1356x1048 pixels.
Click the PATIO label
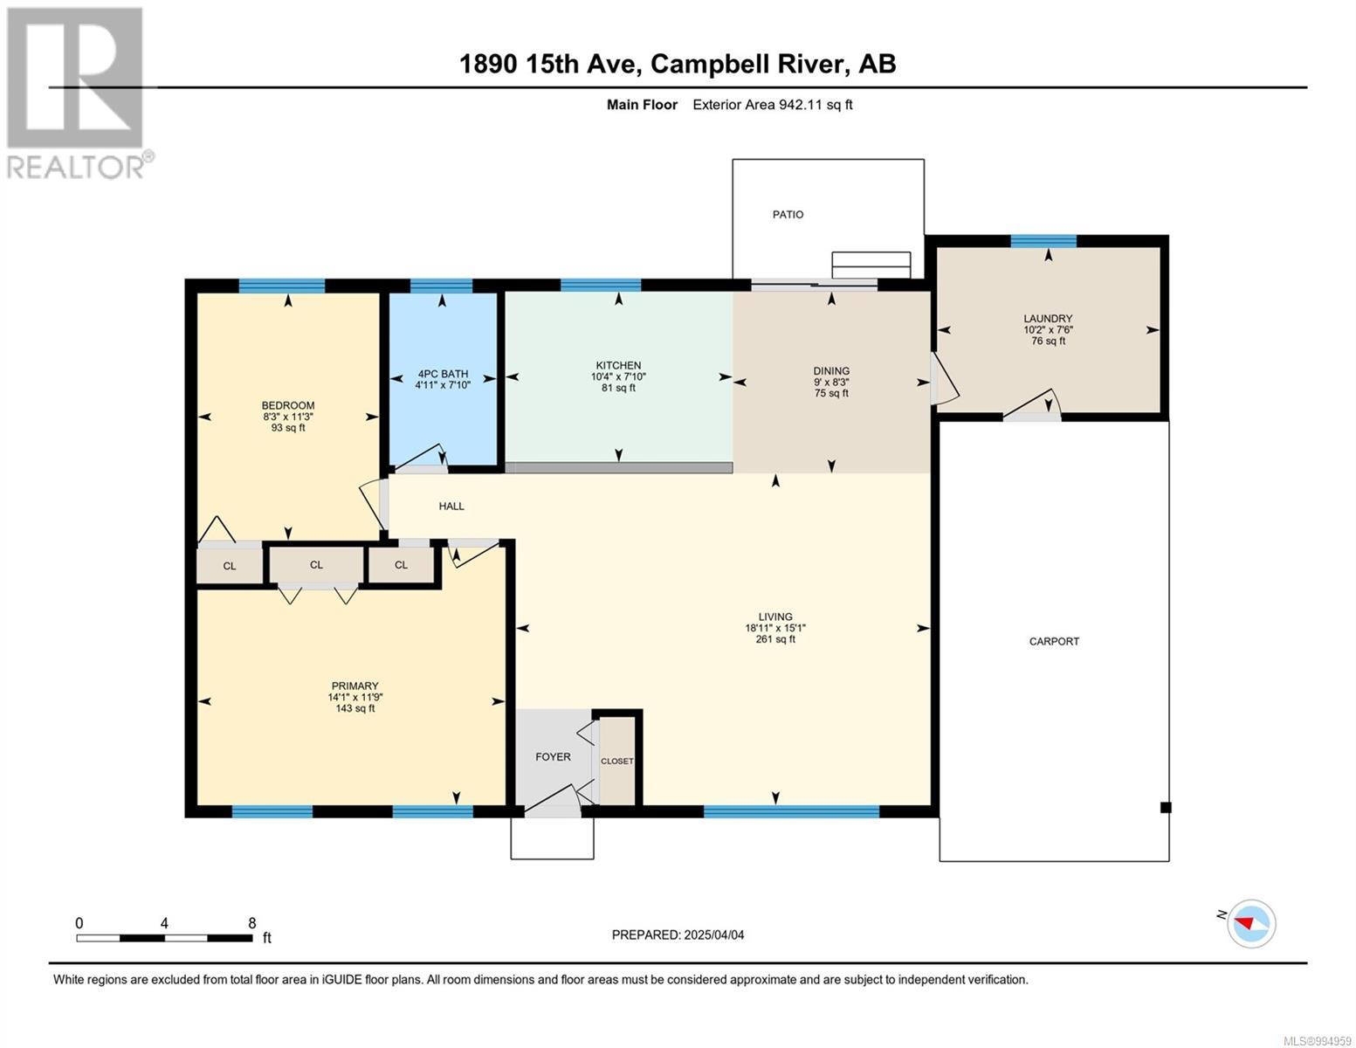coord(788,214)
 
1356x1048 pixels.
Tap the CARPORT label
coord(1053,641)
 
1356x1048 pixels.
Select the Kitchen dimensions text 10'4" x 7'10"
coord(618,376)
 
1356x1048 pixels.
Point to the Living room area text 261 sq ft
coord(775,638)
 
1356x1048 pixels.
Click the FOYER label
coord(552,756)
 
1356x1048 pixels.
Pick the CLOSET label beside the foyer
coord(616,761)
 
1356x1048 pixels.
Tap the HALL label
coord(451,506)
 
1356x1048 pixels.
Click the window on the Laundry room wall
coord(1043,241)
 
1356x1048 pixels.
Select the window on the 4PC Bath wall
coord(441,286)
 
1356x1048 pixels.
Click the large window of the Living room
coord(790,811)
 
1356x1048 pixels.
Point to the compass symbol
coord(1250,924)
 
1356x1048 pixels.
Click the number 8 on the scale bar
coord(251,923)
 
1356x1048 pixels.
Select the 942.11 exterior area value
coord(802,104)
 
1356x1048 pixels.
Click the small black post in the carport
coord(1165,807)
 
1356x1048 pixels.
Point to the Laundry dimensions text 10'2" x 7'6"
coord(1047,329)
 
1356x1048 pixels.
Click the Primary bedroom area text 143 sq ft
coord(354,707)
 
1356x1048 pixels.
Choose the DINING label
coord(830,370)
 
